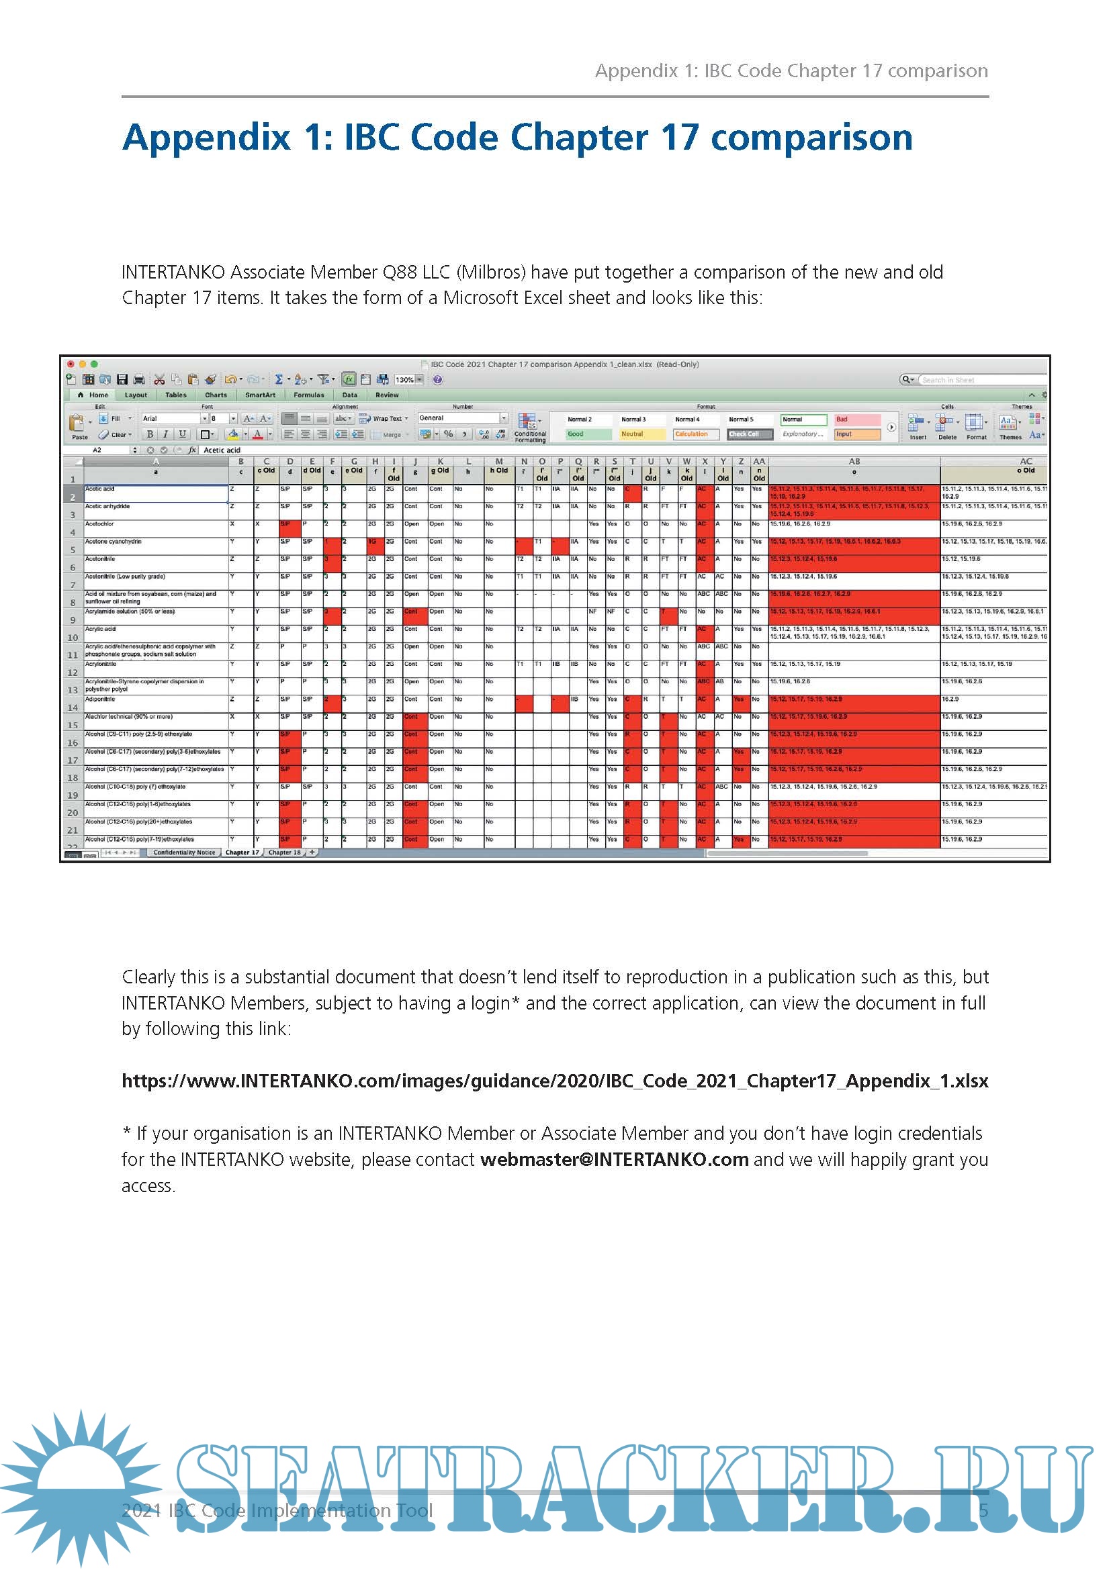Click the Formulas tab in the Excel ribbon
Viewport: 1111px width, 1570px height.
pyautogui.click(x=308, y=395)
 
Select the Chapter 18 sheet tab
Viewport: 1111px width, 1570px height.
pyautogui.click(x=284, y=852)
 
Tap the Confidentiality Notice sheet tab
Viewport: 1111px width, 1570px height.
pyautogui.click(x=184, y=852)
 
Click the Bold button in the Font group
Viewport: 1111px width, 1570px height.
pyautogui.click(x=150, y=434)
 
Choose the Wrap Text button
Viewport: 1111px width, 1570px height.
pyautogui.click(x=383, y=418)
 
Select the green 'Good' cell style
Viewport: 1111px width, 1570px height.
pyautogui.click(x=588, y=434)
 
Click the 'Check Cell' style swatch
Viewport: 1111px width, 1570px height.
pyautogui.click(x=749, y=434)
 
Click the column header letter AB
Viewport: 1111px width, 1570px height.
pyautogui.click(x=854, y=462)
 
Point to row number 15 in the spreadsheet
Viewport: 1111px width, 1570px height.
pyautogui.click(x=73, y=726)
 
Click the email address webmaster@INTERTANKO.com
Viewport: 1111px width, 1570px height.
pyautogui.click(x=614, y=1159)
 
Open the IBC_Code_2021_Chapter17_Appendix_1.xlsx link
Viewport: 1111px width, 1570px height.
pyautogui.click(x=555, y=1081)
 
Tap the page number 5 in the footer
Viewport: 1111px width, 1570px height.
pyautogui.click(x=983, y=1510)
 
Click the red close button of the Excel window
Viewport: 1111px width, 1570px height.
pyautogui.click(x=71, y=364)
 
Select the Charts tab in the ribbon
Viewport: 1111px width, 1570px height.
pyautogui.click(x=216, y=395)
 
